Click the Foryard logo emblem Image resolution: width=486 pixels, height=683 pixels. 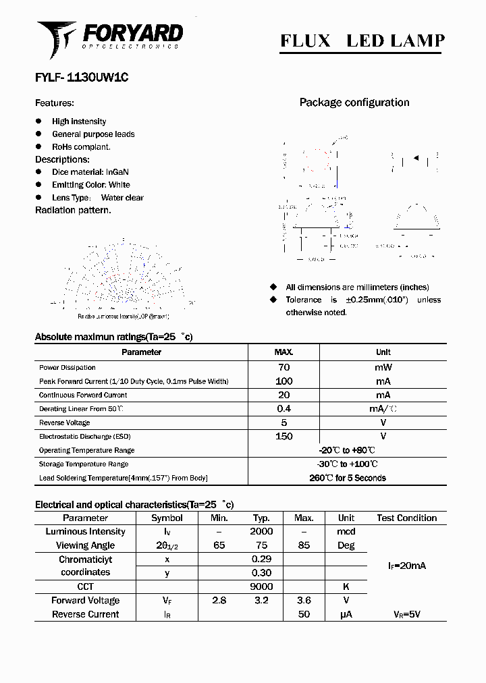(56, 38)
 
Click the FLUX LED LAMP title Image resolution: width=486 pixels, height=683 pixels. (362, 41)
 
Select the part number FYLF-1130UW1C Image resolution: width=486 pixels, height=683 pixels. (82, 78)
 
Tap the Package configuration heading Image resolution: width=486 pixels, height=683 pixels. (354, 103)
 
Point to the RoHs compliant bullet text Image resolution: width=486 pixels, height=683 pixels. (81, 146)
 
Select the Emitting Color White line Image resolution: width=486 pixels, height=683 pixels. (91, 185)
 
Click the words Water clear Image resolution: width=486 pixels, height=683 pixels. (122, 198)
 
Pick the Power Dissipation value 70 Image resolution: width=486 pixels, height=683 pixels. (283, 367)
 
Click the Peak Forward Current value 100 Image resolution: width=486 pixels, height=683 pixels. (283, 381)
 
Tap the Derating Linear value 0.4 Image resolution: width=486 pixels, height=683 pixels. (283, 409)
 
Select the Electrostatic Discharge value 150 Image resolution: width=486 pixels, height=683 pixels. (283, 437)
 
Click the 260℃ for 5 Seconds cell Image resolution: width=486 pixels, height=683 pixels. (347, 478)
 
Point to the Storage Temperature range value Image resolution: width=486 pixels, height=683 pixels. (347, 464)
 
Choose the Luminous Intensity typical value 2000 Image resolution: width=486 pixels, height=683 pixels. (261, 532)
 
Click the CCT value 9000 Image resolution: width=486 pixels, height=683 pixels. (261, 587)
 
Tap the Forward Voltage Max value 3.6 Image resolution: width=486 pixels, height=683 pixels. (304, 601)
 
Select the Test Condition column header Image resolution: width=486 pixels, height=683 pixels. (406, 518)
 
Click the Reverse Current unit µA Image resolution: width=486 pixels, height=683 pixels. (346, 615)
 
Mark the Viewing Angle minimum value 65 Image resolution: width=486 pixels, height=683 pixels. (219, 545)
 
